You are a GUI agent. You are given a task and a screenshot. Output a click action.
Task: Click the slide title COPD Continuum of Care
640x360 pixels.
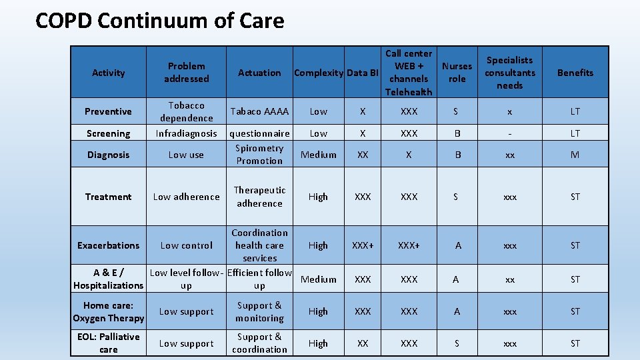coord(159,21)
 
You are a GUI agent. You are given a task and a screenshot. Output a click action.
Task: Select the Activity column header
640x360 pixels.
coord(109,73)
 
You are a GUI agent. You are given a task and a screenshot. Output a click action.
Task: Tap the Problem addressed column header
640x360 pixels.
coord(187,73)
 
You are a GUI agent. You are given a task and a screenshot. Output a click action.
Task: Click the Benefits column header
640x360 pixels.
coord(575,73)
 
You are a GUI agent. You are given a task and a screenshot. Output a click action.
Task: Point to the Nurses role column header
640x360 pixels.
coord(457,73)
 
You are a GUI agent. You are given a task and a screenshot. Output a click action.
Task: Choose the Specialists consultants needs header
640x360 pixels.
coord(510,73)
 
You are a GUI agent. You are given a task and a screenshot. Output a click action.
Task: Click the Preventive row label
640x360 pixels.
coord(109,111)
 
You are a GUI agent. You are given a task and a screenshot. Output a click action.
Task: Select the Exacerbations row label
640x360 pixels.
coord(109,245)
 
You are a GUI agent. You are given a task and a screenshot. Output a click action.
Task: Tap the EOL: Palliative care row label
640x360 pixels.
coord(109,343)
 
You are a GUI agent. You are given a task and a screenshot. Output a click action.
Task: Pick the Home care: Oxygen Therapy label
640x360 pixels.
coord(109,311)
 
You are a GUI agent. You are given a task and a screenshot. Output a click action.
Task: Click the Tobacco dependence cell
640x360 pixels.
coord(187,111)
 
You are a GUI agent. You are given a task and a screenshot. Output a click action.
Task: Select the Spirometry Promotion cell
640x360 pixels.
coord(259,155)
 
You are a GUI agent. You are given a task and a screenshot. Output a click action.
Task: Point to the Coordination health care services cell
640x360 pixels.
coord(259,245)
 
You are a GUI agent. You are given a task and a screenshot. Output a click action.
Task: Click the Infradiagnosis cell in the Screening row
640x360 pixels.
coord(187,133)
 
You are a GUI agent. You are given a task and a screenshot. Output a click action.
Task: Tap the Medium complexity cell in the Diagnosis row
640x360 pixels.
coord(319,155)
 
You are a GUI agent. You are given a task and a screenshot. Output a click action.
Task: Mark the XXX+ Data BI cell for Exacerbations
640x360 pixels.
coord(363,245)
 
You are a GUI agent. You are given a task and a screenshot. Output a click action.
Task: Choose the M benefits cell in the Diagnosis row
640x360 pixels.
coord(575,155)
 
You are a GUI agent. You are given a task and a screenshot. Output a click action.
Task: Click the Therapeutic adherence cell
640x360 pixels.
coord(259,197)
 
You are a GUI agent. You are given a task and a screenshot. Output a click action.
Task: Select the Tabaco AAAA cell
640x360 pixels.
coord(259,111)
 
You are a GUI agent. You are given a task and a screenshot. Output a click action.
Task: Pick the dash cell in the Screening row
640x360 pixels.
coord(510,133)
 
